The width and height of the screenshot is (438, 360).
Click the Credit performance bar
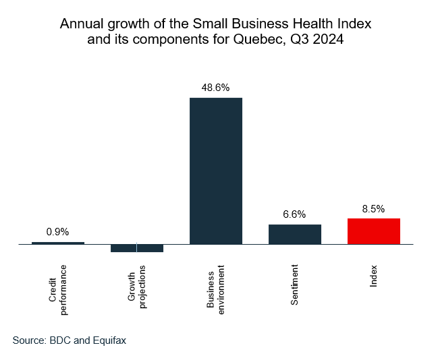pos(58,243)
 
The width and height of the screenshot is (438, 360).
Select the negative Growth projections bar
pos(137,248)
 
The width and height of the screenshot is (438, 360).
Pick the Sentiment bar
pos(295,234)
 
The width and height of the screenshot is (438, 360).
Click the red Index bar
pos(374,231)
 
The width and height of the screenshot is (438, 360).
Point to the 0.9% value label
pos(58,232)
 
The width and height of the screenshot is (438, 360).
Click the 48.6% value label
pos(216,88)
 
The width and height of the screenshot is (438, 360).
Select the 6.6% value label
pos(295,214)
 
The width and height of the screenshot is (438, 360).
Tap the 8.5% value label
pos(374,209)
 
